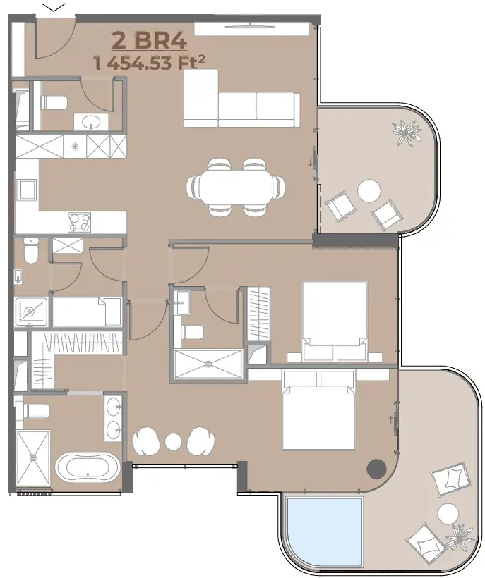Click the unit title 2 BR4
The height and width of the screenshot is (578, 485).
coord(150,41)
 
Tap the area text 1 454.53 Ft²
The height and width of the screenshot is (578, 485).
coord(150,63)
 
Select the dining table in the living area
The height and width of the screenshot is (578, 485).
coord(236,187)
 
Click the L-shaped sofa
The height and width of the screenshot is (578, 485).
coord(241,99)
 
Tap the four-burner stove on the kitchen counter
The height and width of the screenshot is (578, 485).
coord(79,223)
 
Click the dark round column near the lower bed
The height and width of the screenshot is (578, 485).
coord(376,469)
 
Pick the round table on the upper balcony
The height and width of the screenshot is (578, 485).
coord(369,190)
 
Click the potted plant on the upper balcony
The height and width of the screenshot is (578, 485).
coord(407,133)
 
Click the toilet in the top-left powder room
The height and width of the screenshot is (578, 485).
coord(54,103)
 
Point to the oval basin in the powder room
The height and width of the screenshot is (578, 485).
coord(91,121)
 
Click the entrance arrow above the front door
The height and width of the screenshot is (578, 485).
coord(54,7)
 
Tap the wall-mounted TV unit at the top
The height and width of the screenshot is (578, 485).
coord(252,29)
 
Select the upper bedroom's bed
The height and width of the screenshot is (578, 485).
coord(335,321)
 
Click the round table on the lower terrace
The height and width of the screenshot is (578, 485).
coord(448,513)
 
